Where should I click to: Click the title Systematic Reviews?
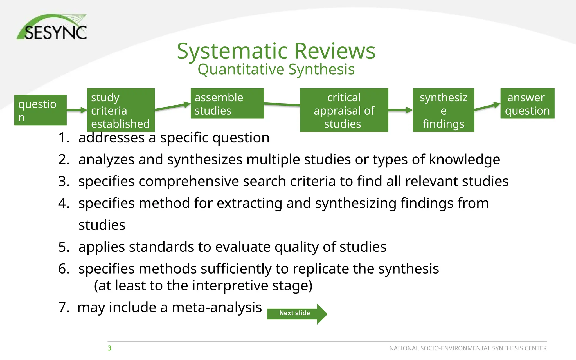[x=276, y=51]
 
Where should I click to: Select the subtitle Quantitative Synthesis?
[x=276, y=70]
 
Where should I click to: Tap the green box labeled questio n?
[x=40, y=110]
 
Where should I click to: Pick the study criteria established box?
[x=121, y=110]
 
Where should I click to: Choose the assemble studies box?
[x=227, y=104]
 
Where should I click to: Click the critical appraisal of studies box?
[x=344, y=110]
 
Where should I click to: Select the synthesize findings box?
[x=443, y=110]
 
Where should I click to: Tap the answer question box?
[x=527, y=104]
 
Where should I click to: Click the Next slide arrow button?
[x=297, y=314]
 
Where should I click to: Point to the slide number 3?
[x=109, y=348]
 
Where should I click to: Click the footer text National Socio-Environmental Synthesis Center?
[x=468, y=348]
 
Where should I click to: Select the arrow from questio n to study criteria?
[x=76, y=110]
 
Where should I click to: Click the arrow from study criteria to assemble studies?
[x=172, y=106]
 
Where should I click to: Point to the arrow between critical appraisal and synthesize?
[x=400, y=110]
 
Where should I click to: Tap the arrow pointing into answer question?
[x=487, y=107]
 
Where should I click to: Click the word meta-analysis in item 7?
[x=217, y=307]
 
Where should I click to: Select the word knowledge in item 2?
[x=464, y=160]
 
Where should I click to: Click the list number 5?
[x=64, y=247]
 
